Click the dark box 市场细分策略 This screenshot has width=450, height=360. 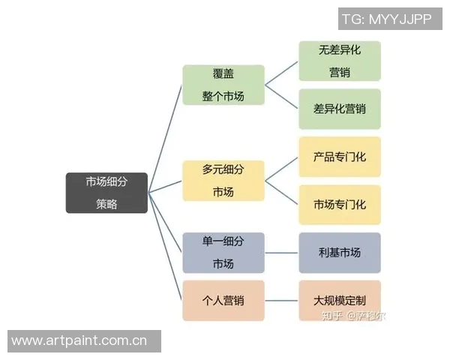point(106,193)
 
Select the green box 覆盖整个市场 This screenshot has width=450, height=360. point(223,85)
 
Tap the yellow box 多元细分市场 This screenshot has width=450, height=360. point(223,181)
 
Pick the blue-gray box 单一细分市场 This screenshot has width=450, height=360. point(223,253)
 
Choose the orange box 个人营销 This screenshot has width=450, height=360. point(223,301)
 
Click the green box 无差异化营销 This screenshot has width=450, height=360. point(339,61)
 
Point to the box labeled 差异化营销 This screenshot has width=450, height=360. point(339,109)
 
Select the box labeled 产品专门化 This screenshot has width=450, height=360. point(339,157)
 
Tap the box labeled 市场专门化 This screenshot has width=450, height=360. point(339,205)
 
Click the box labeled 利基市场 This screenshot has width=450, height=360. point(339,253)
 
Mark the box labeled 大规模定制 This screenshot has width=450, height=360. point(339,301)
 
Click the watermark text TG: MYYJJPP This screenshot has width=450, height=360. point(386,19)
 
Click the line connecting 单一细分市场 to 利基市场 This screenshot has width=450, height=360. point(281,253)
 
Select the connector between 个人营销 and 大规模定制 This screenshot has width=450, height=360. point(281,301)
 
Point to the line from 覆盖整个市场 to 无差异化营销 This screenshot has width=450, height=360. point(282,73)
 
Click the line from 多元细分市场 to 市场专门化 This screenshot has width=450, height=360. point(282,193)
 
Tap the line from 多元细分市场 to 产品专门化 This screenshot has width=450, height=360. point(282,169)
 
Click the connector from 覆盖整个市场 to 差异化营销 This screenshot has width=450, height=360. point(282,97)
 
